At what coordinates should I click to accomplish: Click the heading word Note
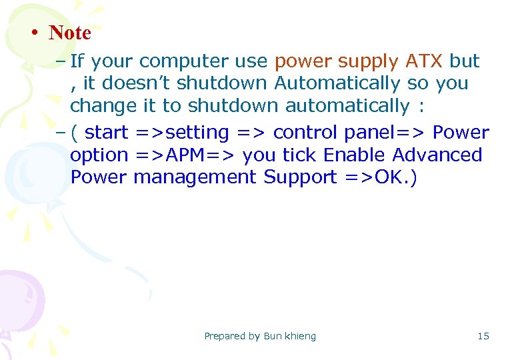point(70,32)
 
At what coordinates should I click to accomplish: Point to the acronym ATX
point(424,61)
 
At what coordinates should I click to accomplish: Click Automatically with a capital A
point(337,84)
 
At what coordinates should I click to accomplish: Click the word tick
point(300,155)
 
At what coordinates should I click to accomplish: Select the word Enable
point(354,155)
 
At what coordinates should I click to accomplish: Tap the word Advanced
point(437,155)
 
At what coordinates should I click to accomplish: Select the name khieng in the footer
point(301,336)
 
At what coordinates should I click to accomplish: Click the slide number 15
point(483,336)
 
